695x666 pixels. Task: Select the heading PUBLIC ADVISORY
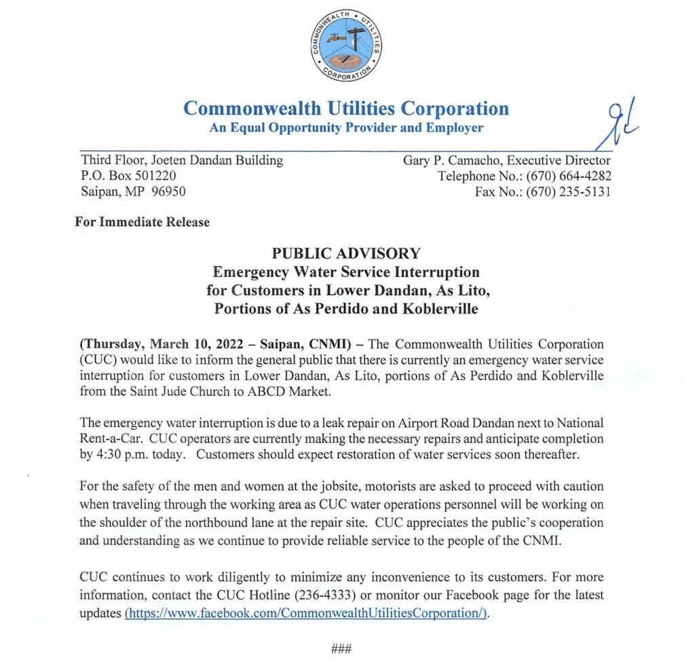[346, 254]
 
